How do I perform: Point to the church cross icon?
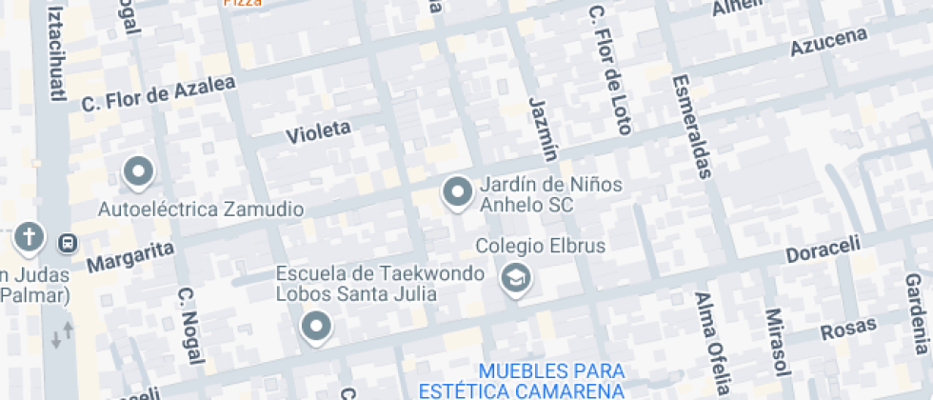[x=30, y=237]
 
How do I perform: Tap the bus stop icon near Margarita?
[x=68, y=242]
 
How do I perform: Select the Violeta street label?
[x=318, y=131]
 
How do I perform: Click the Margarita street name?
[x=130, y=256]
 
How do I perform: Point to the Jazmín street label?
[x=543, y=128]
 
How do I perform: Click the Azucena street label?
[x=829, y=42]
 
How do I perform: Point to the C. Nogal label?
[x=190, y=324]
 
